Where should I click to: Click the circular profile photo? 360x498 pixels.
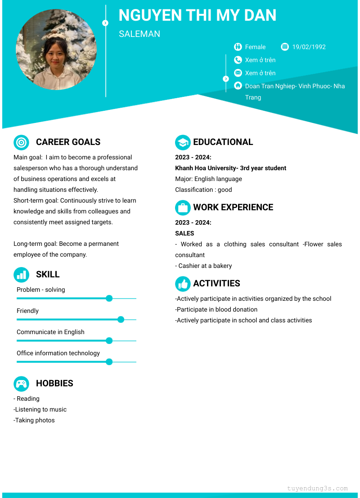pyautogui.click(x=56, y=49)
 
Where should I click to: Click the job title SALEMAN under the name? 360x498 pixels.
pyautogui.click(x=139, y=34)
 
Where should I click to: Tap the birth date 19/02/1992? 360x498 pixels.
pyautogui.click(x=309, y=47)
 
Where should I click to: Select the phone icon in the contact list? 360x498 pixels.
pyautogui.click(x=238, y=60)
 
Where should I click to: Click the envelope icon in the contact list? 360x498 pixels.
pyautogui.click(x=238, y=73)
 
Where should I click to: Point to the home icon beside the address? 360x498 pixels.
pyautogui.click(x=238, y=86)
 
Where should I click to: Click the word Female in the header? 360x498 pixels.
pyautogui.click(x=255, y=47)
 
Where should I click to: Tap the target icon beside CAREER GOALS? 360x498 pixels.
pyautogui.click(x=21, y=142)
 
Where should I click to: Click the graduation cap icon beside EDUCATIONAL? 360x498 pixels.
pyautogui.click(x=183, y=142)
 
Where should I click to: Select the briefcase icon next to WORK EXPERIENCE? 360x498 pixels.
pyautogui.click(x=183, y=208)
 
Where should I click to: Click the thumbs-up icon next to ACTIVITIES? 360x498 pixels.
pyautogui.click(x=183, y=284)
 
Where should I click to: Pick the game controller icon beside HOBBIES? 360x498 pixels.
pyautogui.click(x=21, y=384)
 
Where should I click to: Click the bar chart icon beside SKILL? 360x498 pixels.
pyautogui.click(x=21, y=275)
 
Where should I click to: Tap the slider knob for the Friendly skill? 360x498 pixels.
pyautogui.click(x=121, y=319)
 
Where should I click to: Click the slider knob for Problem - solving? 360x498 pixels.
pyautogui.click(x=109, y=298)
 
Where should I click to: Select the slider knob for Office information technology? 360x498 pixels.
pyautogui.click(x=109, y=362)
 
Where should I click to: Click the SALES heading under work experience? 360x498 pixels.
pyautogui.click(x=184, y=233)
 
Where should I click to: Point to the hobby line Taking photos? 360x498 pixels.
pyautogui.click(x=34, y=420)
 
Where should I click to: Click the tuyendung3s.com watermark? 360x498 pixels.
pyautogui.click(x=317, y=488)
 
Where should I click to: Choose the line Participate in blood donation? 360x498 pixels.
pyautogui.click(x=216, y=309)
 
